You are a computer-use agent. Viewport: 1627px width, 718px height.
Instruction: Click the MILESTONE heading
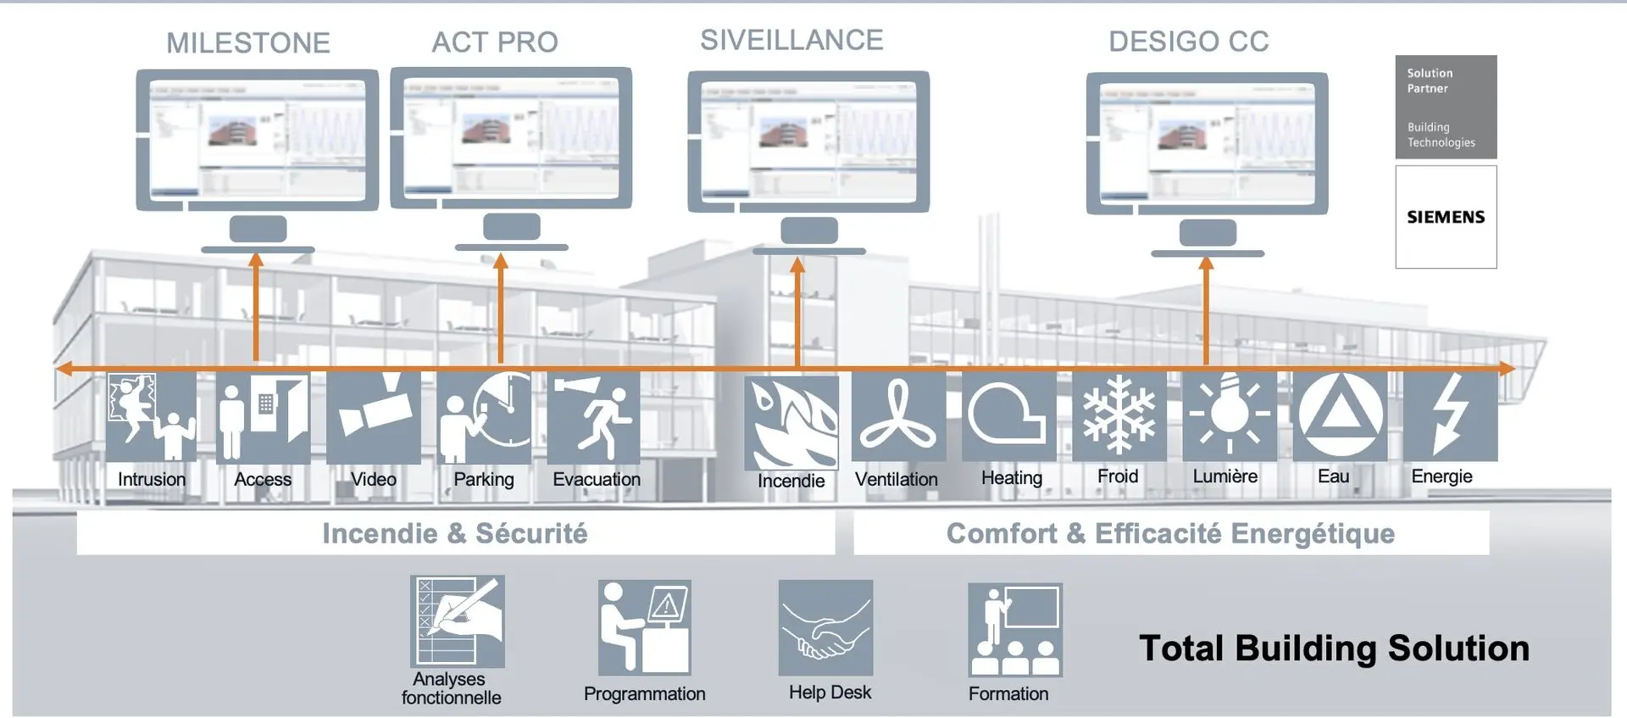click(247, 43)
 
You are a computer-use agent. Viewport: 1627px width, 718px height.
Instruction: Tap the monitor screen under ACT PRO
click(511, 138)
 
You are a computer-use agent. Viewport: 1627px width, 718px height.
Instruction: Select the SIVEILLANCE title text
click(791, 40)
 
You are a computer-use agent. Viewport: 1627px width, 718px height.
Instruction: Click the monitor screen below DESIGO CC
click(1207, 142)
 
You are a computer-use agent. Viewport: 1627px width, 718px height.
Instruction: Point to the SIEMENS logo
click(1446, 217)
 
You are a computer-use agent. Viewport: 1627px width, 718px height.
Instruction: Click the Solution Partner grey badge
click(1446, 107)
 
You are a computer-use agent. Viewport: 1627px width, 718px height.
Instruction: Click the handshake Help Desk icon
click(825, 628)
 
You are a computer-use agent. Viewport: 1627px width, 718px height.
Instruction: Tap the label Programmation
click(644, 694)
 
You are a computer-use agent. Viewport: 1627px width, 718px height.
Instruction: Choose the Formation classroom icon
click(1015, 629)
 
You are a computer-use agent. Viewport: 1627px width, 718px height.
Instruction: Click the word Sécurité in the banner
click(531, 533)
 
